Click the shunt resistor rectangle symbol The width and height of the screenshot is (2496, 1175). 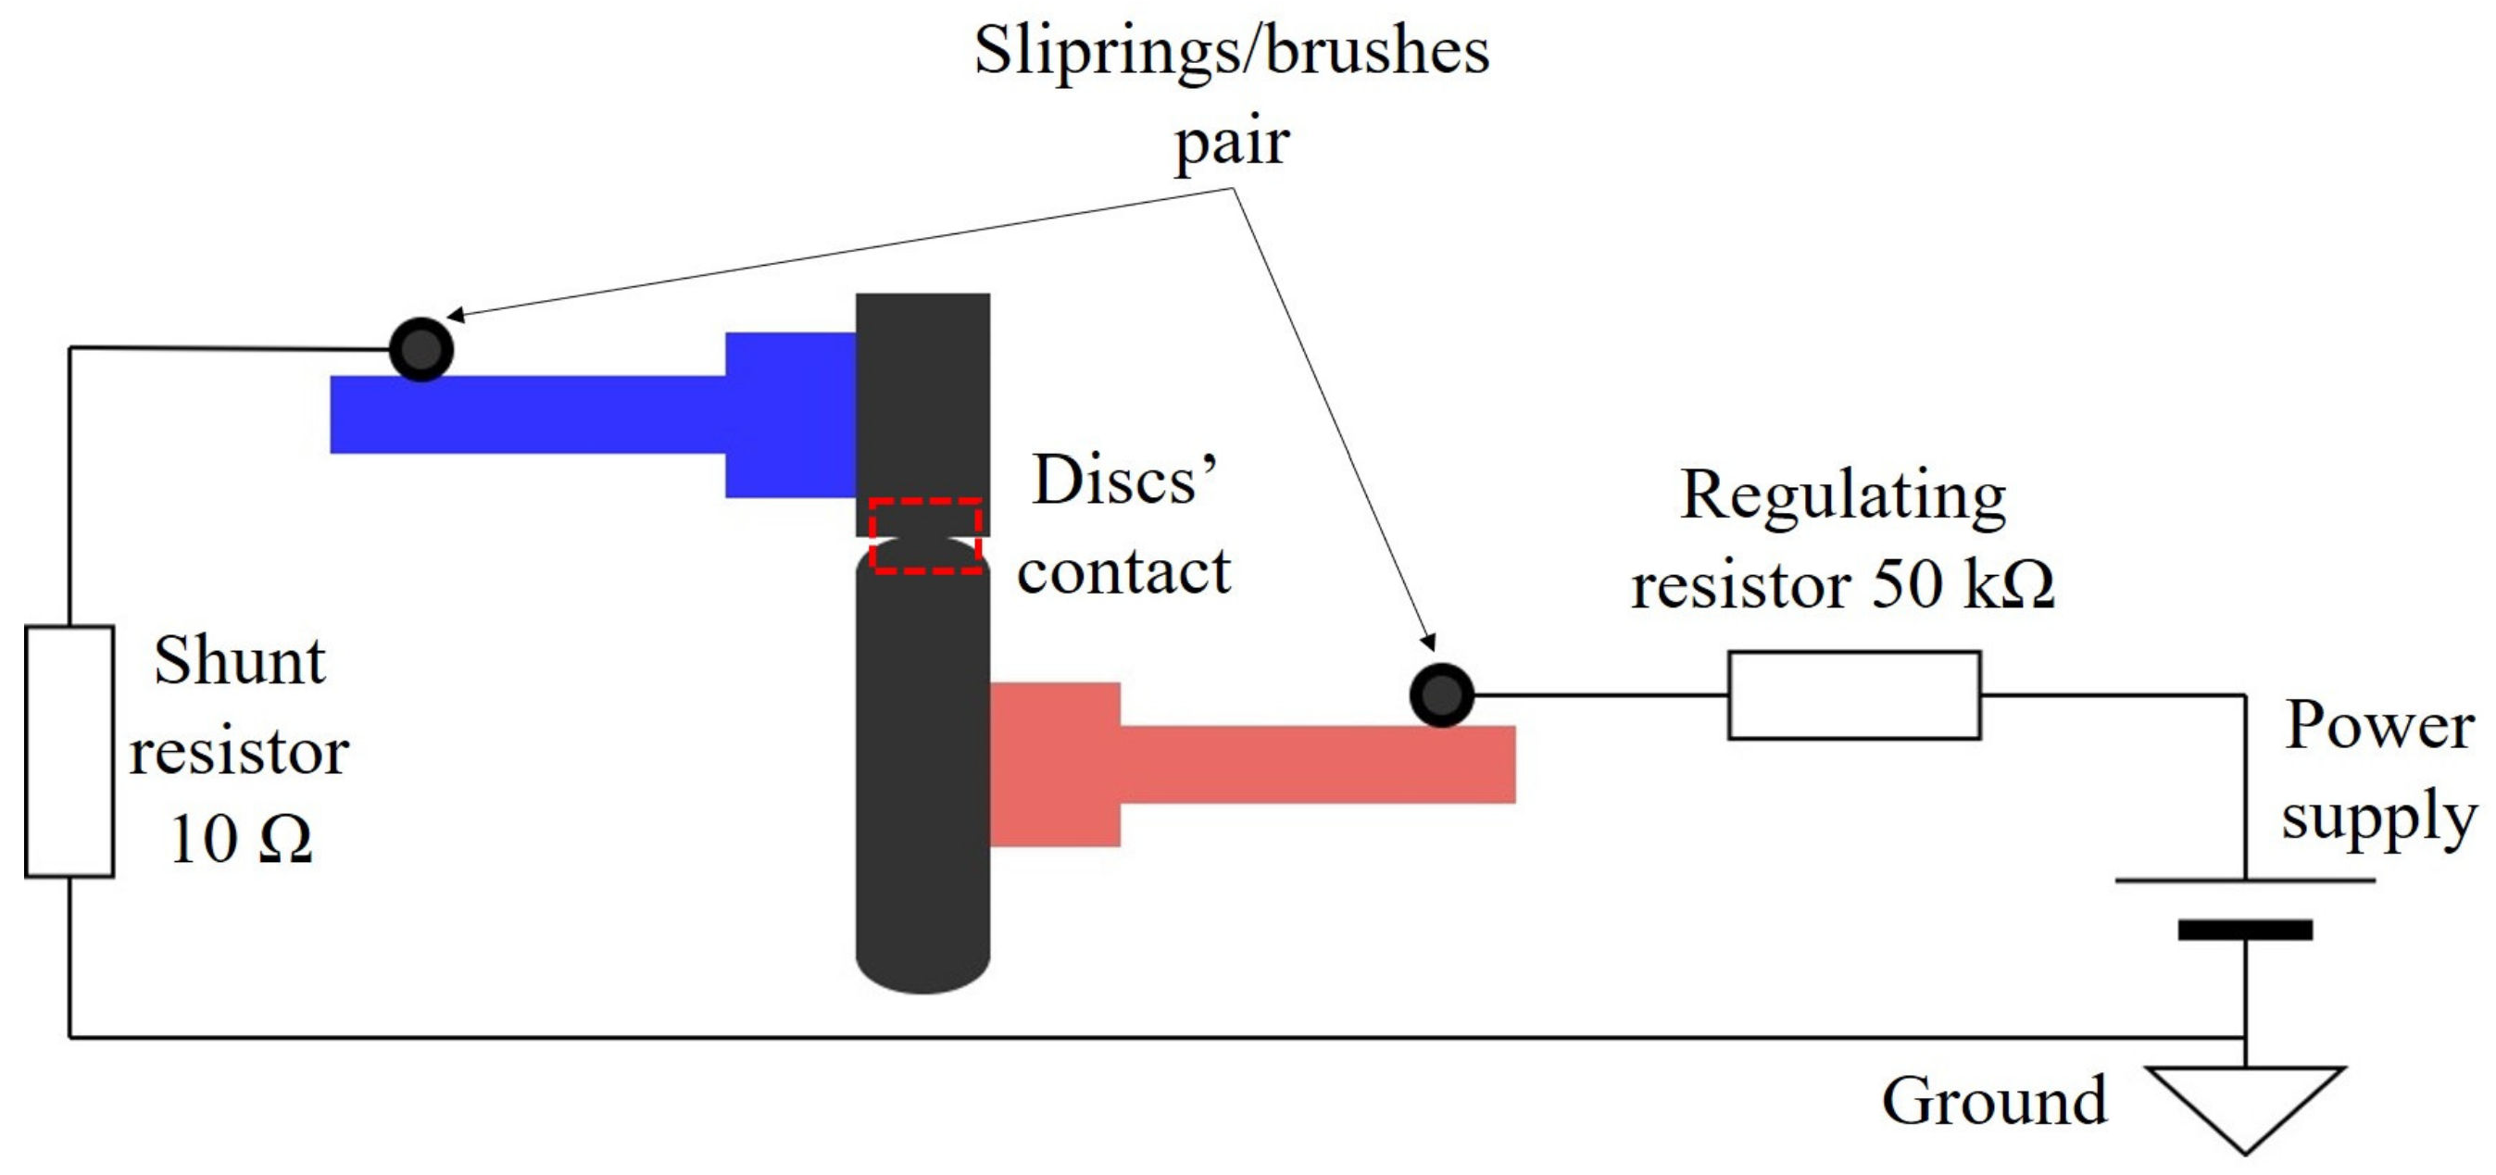69,751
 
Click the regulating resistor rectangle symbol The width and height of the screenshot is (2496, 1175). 1853,694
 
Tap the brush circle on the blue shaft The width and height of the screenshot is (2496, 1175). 420,349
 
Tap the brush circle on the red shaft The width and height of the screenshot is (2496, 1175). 1442,694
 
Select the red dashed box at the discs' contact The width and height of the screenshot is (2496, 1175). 925,536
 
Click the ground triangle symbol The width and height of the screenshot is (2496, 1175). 2244,1099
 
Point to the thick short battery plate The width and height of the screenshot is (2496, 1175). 2244,930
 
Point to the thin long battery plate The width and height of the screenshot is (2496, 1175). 2244,880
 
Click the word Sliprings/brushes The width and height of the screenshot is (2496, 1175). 1231,50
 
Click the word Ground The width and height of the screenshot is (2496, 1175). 1994,1101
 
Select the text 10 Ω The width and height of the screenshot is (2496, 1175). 240,839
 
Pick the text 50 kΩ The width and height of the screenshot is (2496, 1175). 1963,584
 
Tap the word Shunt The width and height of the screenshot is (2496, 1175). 239,662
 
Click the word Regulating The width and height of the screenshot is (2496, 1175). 1843,496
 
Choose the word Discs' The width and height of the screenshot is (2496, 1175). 1124,480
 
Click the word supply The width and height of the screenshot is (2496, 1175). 2378,816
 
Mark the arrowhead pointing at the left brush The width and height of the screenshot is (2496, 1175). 456,315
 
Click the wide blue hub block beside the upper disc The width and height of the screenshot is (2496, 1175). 790,415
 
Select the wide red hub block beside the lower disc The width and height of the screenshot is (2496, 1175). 1055,764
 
